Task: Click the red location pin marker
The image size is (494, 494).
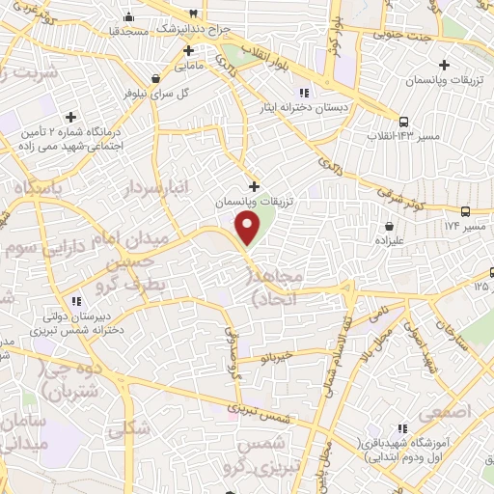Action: pyautogui.click(x=249, y=228)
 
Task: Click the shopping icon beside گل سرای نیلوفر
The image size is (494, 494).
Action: pyautogui.click(x=155, y=76)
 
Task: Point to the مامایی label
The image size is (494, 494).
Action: pyautogui.click(x=189, y=67)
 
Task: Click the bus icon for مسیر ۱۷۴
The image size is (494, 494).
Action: pyautogui.click(x=466, y=212)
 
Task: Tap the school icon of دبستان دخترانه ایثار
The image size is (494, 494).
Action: pyautogui.click(x=304, y=93)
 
